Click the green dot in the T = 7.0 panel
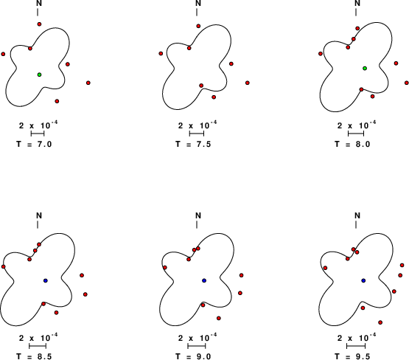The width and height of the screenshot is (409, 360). pos(39,75)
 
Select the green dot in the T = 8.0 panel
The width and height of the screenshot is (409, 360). pos(365,68)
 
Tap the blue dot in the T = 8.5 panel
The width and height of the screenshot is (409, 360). pos(46,280)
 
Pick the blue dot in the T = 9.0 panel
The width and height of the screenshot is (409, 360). pos(204,280)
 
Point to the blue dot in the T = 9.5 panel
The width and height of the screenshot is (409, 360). pos(363,280)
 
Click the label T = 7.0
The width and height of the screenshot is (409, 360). pos(34,144)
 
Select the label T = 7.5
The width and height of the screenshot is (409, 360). pos(193,144)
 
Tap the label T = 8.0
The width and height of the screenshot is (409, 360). pos(352,144)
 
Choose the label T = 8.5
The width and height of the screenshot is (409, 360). pos(34,356)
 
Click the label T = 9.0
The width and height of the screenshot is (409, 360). pos(193,356)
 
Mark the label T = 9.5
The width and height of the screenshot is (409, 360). pos(352,356)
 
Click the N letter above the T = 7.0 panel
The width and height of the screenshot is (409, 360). pos(39,3)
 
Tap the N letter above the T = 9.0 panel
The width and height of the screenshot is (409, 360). pos(198,215)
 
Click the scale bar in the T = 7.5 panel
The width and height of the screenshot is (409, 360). pos(197,134)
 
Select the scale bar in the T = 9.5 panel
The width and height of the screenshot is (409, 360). pos(356,346)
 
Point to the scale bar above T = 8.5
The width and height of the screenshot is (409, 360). pos(38,346)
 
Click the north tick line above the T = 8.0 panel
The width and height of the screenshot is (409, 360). pos(356,12)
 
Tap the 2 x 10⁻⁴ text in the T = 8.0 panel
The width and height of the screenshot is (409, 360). pos(357,125)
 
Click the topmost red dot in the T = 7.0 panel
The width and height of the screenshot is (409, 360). pos(39,24)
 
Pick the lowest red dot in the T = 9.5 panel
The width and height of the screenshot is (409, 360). pos(380,322)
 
